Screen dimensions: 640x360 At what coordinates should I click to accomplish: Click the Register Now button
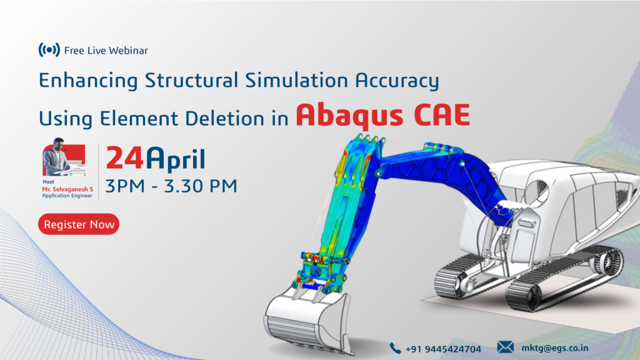tap(79, 224)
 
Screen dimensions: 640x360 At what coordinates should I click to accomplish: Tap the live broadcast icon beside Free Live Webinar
tap(49, 50)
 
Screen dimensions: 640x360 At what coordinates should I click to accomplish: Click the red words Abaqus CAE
tap(383, 115)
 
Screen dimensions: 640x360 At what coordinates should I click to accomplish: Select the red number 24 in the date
tap(124, 158)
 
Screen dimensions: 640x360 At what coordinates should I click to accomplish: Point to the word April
tap(176, 159)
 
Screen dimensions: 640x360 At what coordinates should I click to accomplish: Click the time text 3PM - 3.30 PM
tap(171, 186)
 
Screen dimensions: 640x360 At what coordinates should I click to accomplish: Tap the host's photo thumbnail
tap(64, 157)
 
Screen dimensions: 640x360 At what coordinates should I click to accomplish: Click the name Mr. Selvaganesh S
tap(67, 189)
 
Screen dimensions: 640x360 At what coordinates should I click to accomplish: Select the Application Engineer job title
tap(67, 196)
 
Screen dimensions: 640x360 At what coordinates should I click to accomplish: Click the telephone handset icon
tap(395, 348)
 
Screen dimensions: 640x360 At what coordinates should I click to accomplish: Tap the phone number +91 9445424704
tap(443, 349)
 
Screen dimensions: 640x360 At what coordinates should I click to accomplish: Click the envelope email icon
tap(505, 347)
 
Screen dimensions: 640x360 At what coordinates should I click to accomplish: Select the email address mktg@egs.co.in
tap(555, 348)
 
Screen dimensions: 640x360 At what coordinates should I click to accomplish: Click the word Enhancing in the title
tap(88, 81)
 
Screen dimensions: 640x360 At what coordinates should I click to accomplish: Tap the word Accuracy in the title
tap(397, 81)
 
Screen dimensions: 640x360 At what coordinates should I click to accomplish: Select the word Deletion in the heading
tap(224, 118)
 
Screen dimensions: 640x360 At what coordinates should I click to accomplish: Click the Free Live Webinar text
tap(106, 51)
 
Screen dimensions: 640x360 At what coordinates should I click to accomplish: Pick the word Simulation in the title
tap(296, 80)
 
